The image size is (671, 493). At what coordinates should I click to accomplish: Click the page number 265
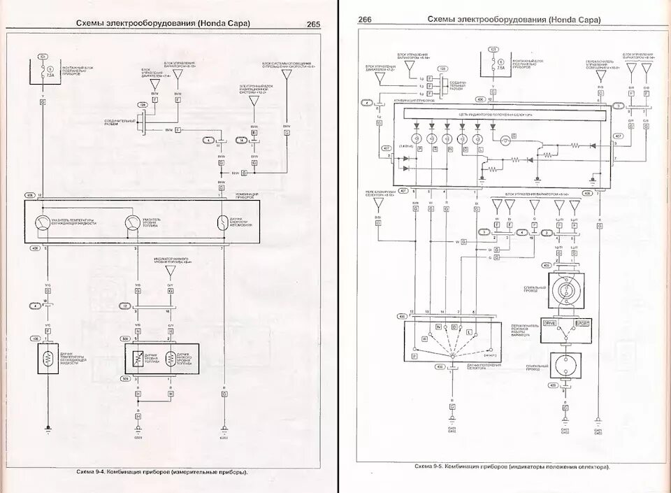[x=312, y=24]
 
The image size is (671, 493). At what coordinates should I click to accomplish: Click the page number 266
[x=365, y=20]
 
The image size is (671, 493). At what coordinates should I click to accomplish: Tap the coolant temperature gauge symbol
[x=43, y=223]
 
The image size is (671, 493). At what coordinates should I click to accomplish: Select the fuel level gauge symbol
[x=132, y=223]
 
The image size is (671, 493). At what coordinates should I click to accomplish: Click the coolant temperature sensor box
[x=48, y=357]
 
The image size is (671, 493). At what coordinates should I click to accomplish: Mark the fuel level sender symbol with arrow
[x=138, y=358]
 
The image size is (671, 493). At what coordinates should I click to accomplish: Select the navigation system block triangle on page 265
[x=254, y=101]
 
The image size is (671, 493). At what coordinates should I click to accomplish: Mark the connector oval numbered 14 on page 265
[x=241, y=141]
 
